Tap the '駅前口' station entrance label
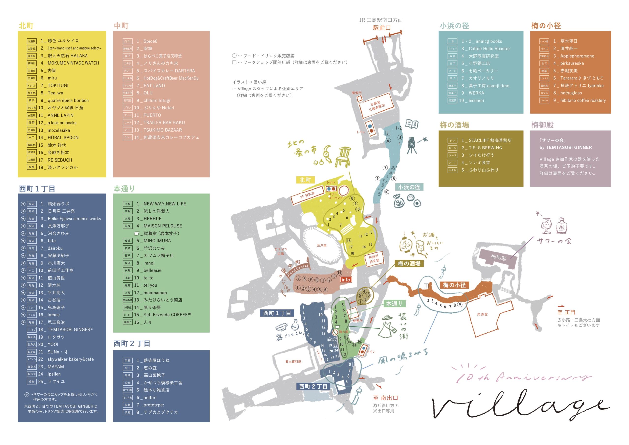click(382, 28)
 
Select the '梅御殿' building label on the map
click(499, 257)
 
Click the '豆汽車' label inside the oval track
click(322, 245)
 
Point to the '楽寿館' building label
click(482, 314)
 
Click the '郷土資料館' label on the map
click(293, 362)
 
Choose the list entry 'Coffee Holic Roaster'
click(489, 48)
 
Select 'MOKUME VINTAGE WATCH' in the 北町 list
click(73, 63)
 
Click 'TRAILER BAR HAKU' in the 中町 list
click(164, 123)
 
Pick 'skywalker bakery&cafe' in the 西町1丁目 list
click(71, 359)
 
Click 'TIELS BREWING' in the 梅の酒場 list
click(485, 148)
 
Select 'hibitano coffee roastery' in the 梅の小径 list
click(583, 100)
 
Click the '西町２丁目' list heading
click(132, 343)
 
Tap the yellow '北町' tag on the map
click(305, 180)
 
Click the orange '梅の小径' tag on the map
click(454, 285)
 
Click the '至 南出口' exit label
click(385, 398)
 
